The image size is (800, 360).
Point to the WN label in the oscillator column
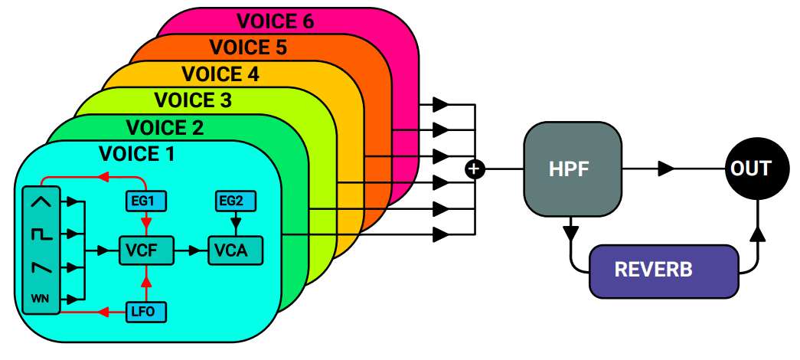tap(41, 298)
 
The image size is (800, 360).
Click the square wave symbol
tap(41, 235)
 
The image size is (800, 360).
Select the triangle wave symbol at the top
tap(41, 202)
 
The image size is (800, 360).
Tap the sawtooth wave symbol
tap(41, 267)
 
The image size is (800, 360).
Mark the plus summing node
tap(475, 169)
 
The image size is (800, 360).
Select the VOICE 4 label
tap(220, 74)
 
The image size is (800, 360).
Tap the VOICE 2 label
tap(165, 127)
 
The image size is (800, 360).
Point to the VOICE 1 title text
tap(137, 154)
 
